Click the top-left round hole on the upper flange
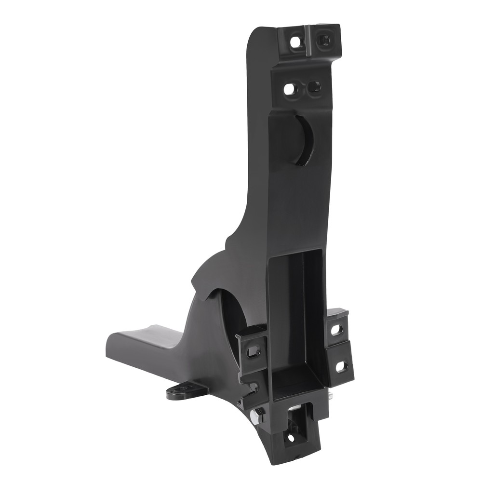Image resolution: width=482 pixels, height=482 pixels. point(295,42)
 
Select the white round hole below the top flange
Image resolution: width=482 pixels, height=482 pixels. point(289,89)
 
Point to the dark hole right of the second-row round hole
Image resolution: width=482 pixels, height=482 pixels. point(314,87)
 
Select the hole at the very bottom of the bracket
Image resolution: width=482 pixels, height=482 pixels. point(290,438)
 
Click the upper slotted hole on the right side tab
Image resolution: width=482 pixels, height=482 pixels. point(337,330)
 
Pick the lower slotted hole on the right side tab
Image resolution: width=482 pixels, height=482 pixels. point(341,366)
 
